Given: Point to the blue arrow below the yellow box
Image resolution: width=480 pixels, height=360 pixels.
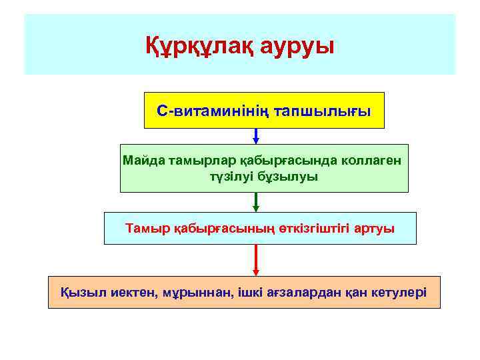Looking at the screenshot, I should tap(256, 136).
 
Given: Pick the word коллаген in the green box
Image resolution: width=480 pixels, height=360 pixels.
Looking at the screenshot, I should tap(375, 161).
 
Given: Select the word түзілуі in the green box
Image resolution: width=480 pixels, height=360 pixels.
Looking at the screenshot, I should tap(225, 177).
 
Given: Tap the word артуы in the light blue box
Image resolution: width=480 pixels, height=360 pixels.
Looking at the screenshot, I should tap(375, 229).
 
